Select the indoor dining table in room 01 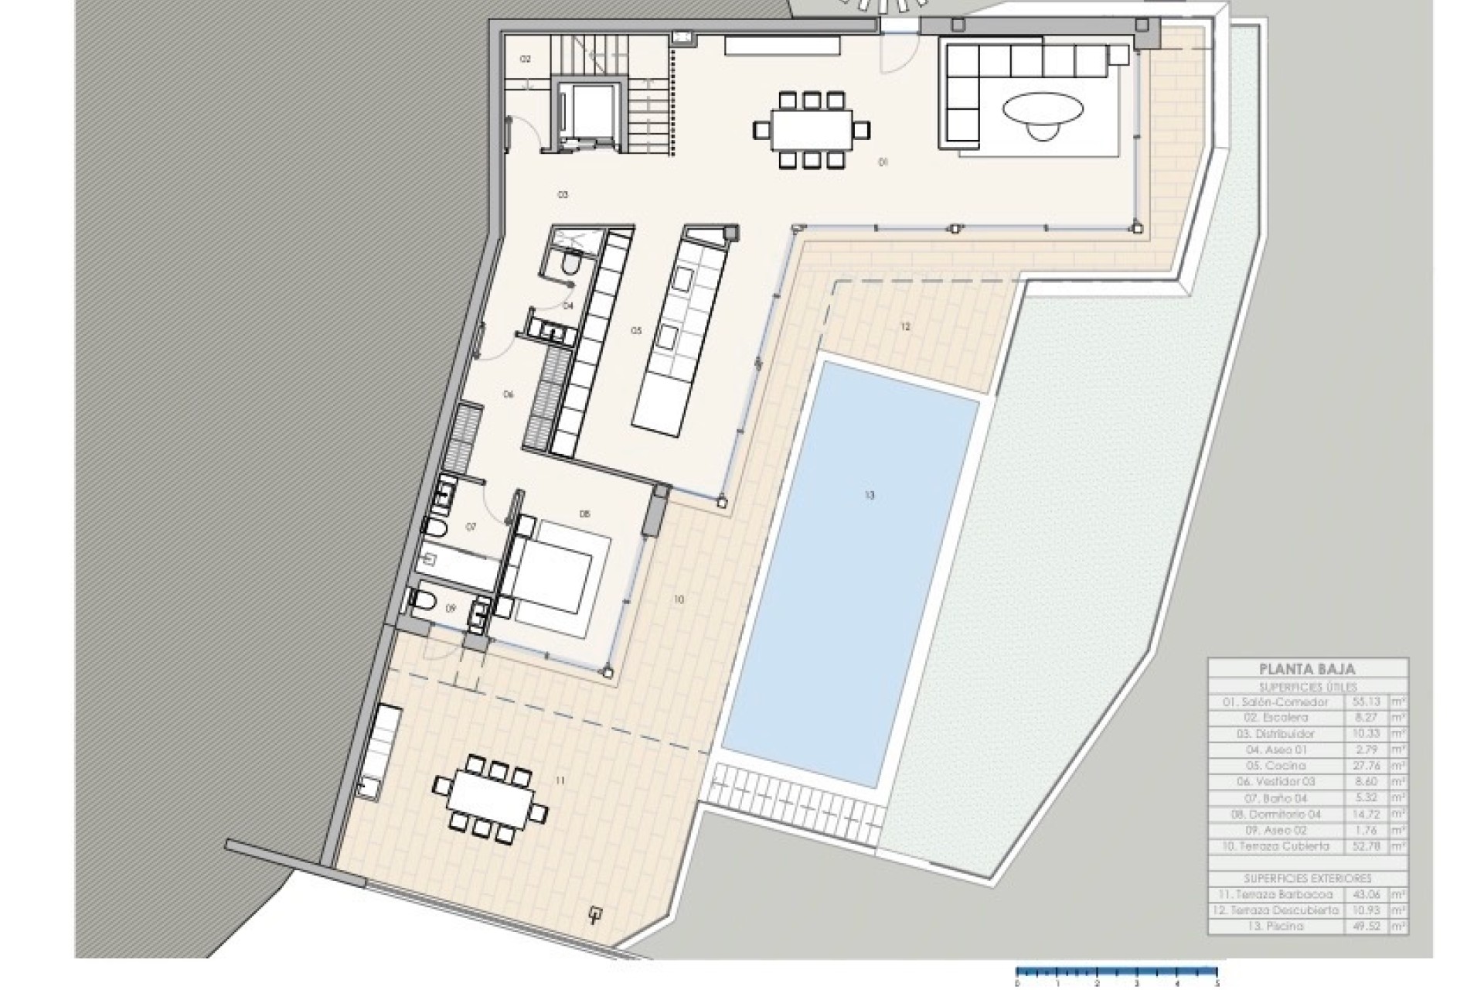(811, 129)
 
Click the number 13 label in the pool (870, 496)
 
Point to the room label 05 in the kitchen (636, 331)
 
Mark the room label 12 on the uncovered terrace (905, 327)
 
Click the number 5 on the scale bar (1217, 984)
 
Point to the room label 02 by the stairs (526, 60)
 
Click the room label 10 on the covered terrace (679, 599)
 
